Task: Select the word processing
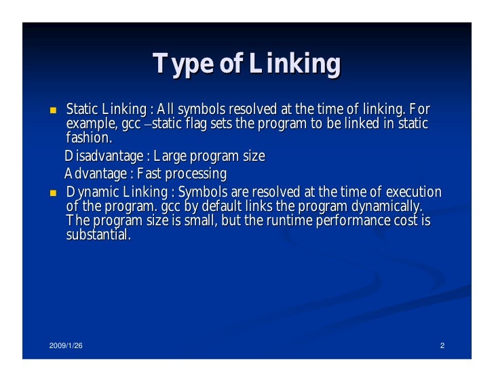click(x=197, y=174)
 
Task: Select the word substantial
click(x=97, y=235)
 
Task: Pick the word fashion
click(x=88, y=138)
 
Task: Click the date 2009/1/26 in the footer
click(x=66, y=347)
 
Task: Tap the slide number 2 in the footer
click(x=442, y=347)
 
